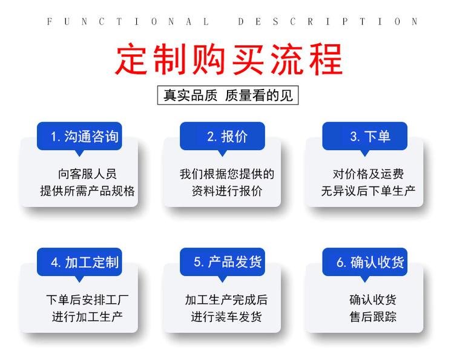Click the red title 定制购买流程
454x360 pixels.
coord(229,59)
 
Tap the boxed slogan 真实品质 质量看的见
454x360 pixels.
coord(228,95)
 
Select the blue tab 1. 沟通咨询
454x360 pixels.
coord(79,136)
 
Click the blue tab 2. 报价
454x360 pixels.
coord(222,136)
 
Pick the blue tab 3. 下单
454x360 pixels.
coord(365,136)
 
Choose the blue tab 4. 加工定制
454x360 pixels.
coord(79,262)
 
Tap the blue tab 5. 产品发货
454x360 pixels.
coord(222,262)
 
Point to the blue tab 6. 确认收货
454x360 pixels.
coord(365,262)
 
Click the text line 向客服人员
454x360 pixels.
coord(87,174)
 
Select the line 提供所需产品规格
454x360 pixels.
coord(87,191)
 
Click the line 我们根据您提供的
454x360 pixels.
coord(227,174)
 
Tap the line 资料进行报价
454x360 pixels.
coord(227,191)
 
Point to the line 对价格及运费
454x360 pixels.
coord(368,174)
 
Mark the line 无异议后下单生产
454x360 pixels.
coord(368,191)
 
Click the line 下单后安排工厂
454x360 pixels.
coord(87,300)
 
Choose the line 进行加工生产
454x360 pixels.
coord(87,316)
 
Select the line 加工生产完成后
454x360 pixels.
coord(226,300)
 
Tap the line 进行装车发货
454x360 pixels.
coord(226,316)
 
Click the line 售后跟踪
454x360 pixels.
coord(373,316)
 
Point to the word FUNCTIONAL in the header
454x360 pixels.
coord(128,21)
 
